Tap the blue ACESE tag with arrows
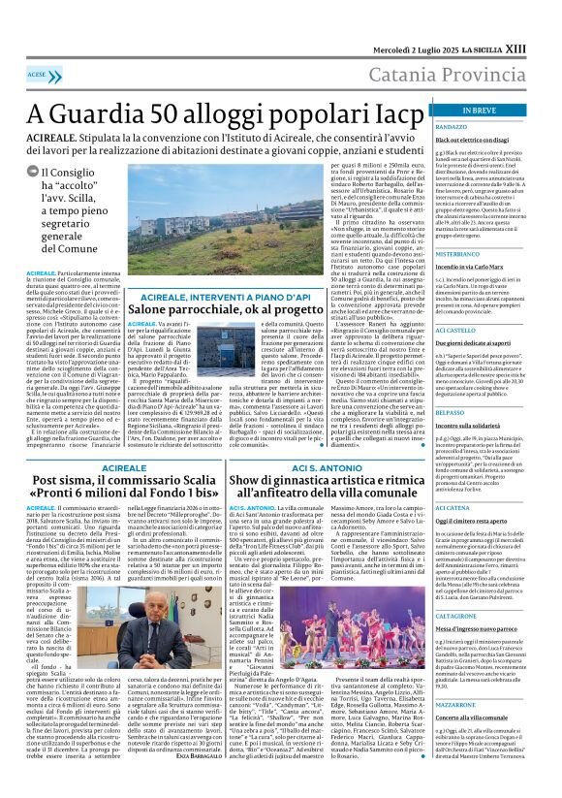39,74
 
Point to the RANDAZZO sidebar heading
452,127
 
